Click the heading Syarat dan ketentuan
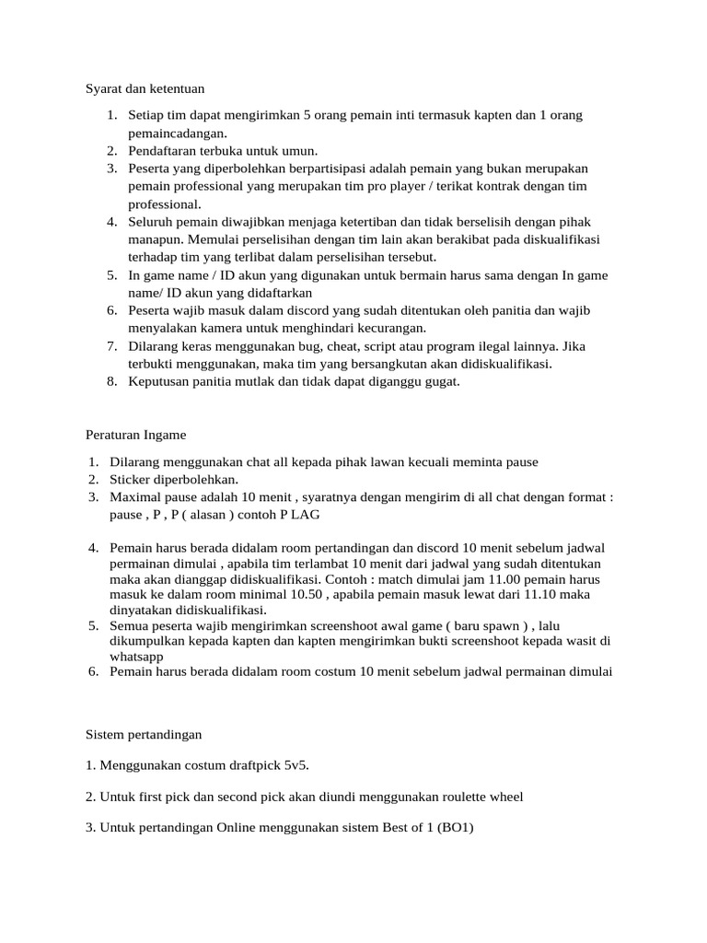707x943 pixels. pos(145,89)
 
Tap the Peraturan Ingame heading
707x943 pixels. pos(135,434)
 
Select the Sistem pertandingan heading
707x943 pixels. pos(144,736)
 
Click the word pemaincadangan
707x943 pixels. pos(178,133)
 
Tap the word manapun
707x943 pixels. pos(154,239)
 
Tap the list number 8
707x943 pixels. pos(110,381)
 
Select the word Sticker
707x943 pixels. pos(133,480)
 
